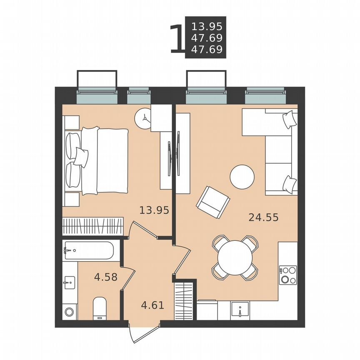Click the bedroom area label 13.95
(154, 210)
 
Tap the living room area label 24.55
(263, 217)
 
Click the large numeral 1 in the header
(177, 39)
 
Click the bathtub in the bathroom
(88, 250)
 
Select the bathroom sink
(70, 283)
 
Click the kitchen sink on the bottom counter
(240, 310)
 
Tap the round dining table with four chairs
(234, 257)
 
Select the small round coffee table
(242, 177)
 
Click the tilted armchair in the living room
(213, 202)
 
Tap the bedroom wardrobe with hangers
(92, 227)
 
